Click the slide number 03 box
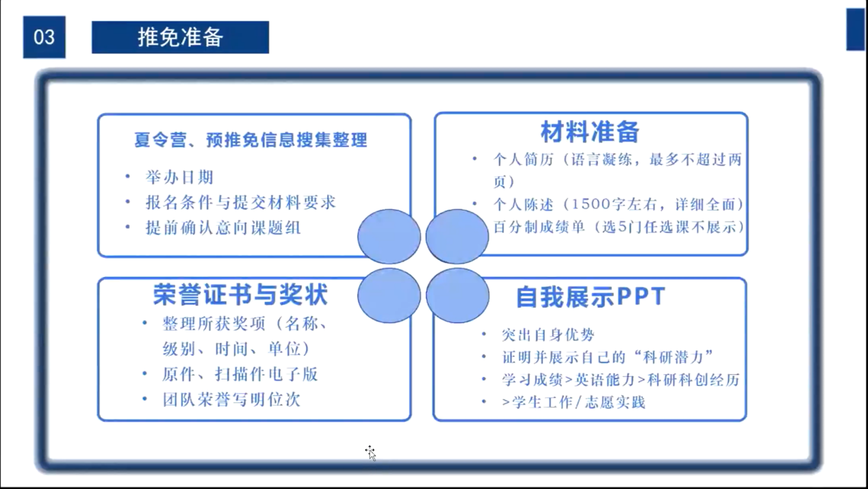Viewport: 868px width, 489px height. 44,37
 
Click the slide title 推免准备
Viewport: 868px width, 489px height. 181,38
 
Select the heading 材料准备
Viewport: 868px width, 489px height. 590,131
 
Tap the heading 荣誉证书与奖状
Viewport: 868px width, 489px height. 241,295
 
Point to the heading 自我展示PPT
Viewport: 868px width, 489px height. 591,297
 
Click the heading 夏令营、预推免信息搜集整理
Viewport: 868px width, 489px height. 251,140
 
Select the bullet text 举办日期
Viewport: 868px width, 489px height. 179,177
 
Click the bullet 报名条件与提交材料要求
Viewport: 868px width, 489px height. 241,202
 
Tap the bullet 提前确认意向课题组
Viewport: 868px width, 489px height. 223,228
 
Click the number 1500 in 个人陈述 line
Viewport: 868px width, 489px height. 591,204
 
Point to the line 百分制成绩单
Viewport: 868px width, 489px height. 618,227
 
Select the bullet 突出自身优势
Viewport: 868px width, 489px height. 548,335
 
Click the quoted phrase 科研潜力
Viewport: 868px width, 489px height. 673,357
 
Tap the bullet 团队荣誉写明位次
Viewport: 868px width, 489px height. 232,400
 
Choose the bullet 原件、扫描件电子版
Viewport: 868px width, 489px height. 240,374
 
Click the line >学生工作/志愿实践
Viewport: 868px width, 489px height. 574,402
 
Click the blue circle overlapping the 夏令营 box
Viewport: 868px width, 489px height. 389,237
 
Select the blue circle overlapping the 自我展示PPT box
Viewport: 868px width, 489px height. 458,295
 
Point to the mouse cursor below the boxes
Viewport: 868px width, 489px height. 371,453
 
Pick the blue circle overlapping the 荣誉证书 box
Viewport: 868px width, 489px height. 389,295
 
